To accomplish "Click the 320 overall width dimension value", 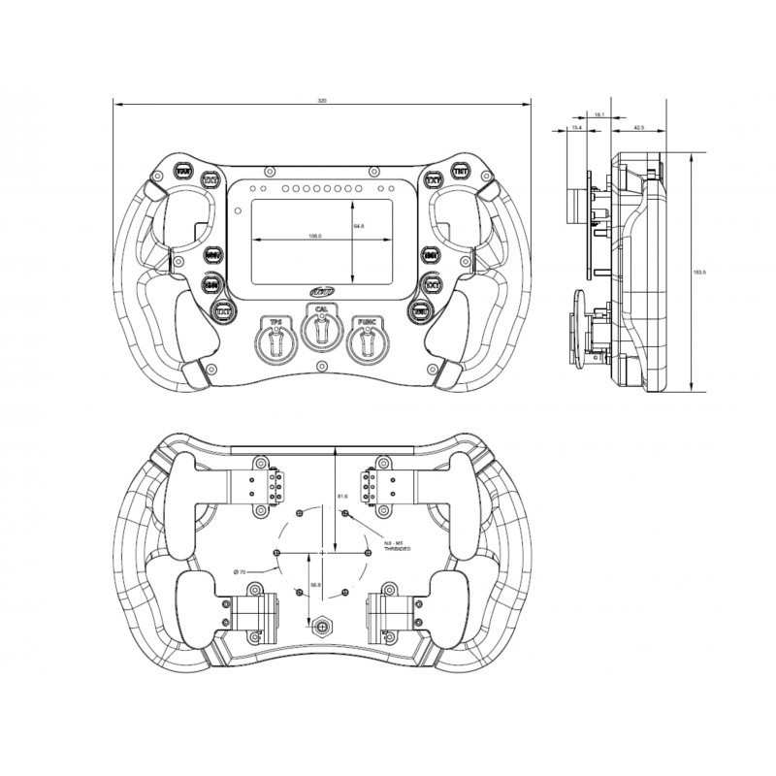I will click(x=322, y=100).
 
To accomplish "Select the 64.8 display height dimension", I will click(x=359, y=226).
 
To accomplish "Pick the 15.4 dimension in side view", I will click(x=576, y=126).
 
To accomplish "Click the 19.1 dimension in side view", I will click(x=598, y=114).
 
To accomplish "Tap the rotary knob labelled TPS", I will click(x=275, y=341).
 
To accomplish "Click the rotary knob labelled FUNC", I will click(x=366, y=341).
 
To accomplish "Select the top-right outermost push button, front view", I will click(x=460, y=173).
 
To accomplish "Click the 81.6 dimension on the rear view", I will click(x=342, y=497).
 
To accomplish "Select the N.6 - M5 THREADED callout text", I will click(x=397, y=545).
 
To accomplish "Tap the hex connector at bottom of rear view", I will click(x=321, y=627).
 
